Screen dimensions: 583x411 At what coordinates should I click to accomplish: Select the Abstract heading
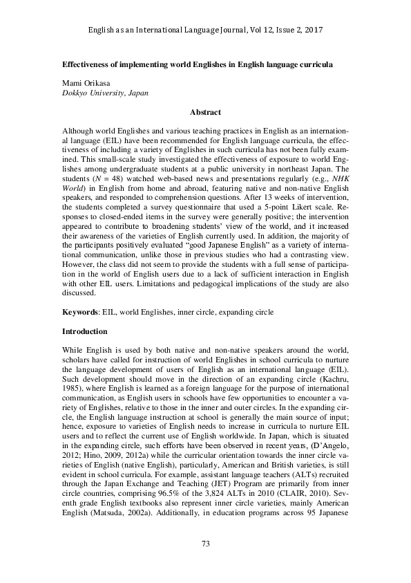click(x=205, y=111)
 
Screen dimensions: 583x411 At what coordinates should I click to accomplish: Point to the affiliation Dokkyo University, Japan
click(x=104, y=92)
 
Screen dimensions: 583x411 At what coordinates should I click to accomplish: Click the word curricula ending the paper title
click(x=314, y=63)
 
